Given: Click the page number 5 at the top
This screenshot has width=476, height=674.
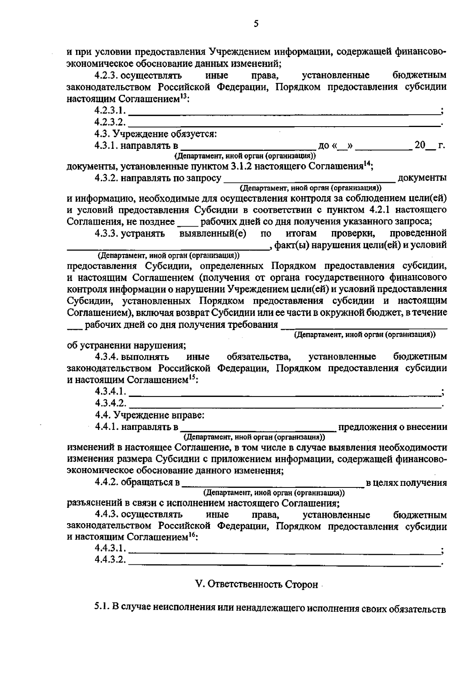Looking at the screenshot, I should click(256, 24).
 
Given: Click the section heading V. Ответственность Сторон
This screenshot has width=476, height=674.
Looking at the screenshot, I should click(257, 585).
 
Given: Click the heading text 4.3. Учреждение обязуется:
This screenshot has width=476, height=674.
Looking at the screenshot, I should click(155, 134).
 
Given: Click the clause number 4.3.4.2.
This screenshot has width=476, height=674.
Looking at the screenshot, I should click(111, 404).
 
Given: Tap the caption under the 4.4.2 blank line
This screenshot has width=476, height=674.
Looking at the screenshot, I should click(274, 493).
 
